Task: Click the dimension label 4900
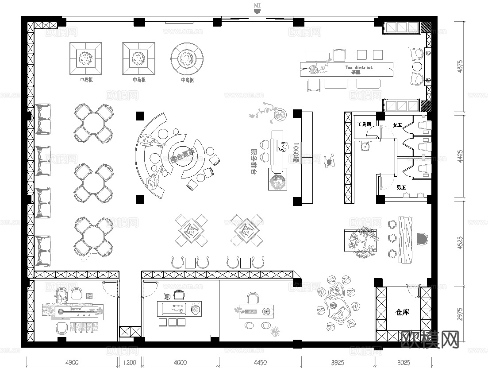tap(72, 362)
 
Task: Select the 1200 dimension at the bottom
tap(129, 362)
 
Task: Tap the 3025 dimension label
tap(403, 362)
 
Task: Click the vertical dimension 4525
tap(460, 242)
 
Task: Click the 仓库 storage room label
tap(403, 312)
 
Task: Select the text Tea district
tap(359, 67)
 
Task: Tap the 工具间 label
tap(364, 125)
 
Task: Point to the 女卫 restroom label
tap(397, 126)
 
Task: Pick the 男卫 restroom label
tap(401, 188)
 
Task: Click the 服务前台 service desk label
tap(254, 157)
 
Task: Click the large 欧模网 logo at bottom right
tap(429, 339)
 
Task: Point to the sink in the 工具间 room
tap(365, 145)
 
